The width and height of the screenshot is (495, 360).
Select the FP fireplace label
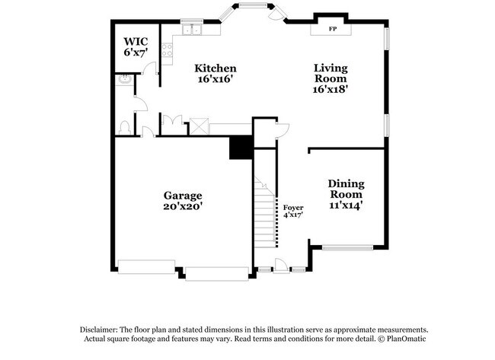333,29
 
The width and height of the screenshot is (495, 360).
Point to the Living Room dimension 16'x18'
331,88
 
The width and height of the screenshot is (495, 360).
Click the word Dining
346,183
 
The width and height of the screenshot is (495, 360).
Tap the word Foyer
293,207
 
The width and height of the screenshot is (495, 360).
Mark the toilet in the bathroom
124,126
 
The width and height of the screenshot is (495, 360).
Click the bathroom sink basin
123,79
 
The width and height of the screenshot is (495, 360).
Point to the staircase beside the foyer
265,213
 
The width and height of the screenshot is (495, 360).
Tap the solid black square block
241,147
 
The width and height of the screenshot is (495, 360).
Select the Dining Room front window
347,247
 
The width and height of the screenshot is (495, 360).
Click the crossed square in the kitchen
200,126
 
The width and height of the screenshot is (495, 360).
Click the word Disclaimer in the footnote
101,329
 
